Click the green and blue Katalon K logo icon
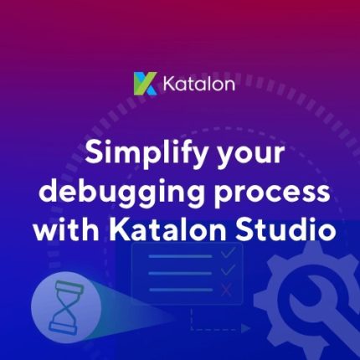pyautogui.click(x=146, y=84)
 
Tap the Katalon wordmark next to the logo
pyautogui.click(x=198, y=84)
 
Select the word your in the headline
pyautogui.click(x=250, y=157)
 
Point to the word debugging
pyautogui.click(x=121, y=193)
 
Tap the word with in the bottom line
pyautogui.click(x=66, y=229)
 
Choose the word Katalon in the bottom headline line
pyautogui.click(x=167, y=229)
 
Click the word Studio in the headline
pyautogui.click(x=285, y=229)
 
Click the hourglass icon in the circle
pyautogui.click(x=66, y=308)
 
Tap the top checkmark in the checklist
pyautogui.click(x=228, y=253)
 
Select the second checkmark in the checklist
pyautogui.click(x=228, y=270)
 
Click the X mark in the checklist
pyautogui.click(x=226, y=290)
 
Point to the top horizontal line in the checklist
pyautogui.click(x=180, y=256)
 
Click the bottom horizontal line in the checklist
pyautogui.click(x=181, y=290)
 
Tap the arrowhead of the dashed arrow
pyautogui.click(x=245, y=328)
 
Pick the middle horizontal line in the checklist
pyautogui.click(x=180, y=273)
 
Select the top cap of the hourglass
pyautogui.click(x=69, y=286)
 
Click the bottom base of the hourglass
pyautogui.click(x=63, y=328)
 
